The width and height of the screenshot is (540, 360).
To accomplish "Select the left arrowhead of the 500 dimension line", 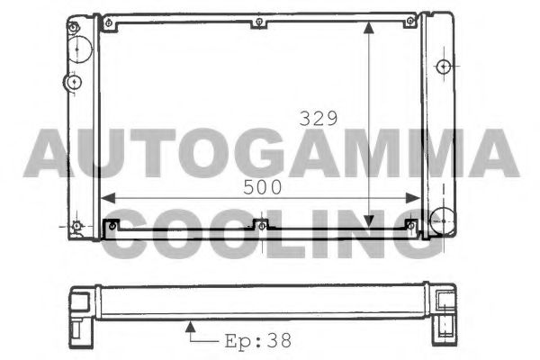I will coord(106,198).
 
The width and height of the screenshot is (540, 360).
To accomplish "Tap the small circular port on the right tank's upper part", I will coord(442,67).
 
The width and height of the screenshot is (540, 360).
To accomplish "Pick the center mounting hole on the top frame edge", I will coord(259,22).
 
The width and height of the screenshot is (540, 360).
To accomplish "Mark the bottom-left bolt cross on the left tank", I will coord(77,224).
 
